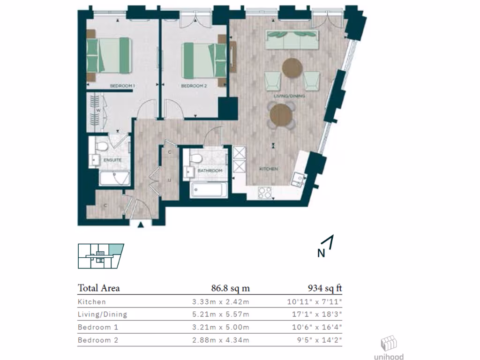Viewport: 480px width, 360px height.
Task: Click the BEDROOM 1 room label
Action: pos(122,86)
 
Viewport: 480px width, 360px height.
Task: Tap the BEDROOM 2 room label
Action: pos(194,86)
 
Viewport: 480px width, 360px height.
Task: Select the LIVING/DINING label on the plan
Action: pos(290,96)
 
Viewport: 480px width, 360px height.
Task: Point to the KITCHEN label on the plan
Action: pos(269,169)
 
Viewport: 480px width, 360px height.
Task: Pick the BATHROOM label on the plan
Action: pos(210,171)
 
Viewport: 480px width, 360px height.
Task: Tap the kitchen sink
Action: pos(298,179)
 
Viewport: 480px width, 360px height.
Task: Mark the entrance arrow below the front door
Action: pos(140,225)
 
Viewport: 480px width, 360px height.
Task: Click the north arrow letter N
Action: pos(321,254)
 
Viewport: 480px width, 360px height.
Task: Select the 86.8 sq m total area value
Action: pos(230,288)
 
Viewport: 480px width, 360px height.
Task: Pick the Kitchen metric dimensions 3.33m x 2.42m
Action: pos(217,302)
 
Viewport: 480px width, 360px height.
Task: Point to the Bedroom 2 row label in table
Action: pos(98,340)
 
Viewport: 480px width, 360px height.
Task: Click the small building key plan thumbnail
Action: pos(101,256)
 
